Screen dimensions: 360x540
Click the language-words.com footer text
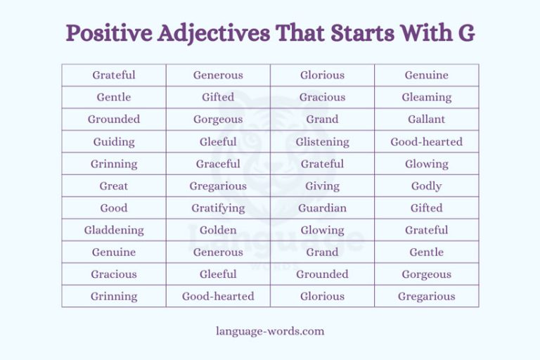(270, 330)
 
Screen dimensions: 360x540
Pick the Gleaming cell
(426, 97)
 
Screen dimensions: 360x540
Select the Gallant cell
(426, 120)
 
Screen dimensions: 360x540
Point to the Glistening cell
(322, 141)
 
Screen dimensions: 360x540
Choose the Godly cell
(426, 186)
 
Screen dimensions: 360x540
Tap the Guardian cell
(322, 208)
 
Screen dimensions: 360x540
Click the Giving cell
(322, 186)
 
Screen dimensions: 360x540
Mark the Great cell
(114, 186)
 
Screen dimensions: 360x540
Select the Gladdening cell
(114, 230)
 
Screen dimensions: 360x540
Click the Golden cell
(218, 230)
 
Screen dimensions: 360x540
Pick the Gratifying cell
(218, 208)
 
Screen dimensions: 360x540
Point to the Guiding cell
(114, 141)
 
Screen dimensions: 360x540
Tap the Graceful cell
(218, 164)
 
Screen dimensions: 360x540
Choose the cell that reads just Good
(114, 208)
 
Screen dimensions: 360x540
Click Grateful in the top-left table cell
(114, 75)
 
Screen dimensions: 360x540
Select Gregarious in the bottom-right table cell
(426, 296)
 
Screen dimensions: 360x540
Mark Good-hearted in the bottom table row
(218, 296)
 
